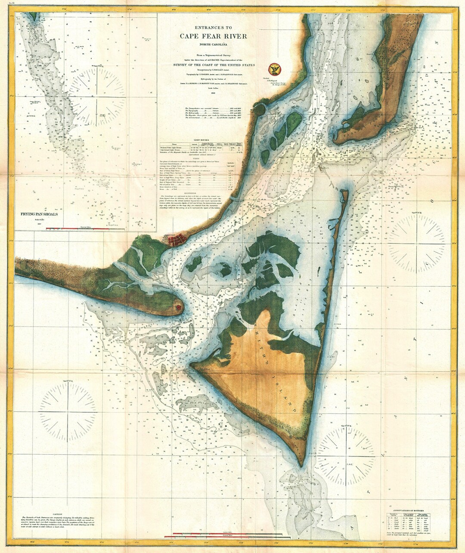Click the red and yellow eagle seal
click(273, 68)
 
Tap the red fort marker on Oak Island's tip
click(177, 307)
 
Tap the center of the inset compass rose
click(97, 95)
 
